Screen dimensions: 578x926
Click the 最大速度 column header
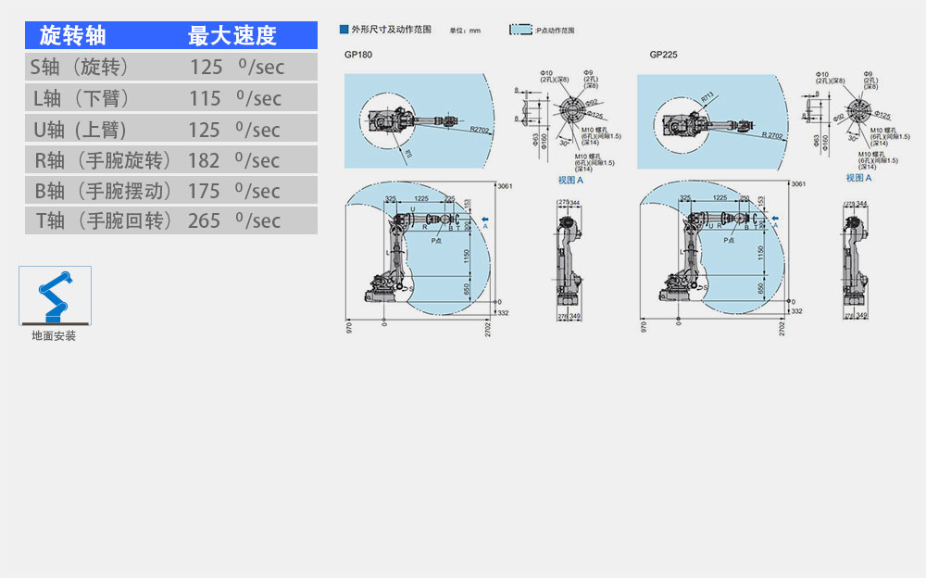(x=231, y=36)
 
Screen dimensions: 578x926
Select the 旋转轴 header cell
(x=73, y=36)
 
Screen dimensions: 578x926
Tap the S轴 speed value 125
(x=206, y=67)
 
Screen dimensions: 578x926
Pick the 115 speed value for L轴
(x=205, y=98)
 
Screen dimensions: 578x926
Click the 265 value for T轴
(x=205, y=220)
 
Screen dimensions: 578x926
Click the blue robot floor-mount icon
(x=55, y=295)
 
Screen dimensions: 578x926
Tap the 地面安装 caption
(x=54, y=336)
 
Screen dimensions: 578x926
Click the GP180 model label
(x=357, y=55)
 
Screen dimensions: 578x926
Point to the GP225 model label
(x=663, y=55)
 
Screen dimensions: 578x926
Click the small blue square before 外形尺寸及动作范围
(x=344, y=30)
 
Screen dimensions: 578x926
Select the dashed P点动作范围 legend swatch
(x=520, y=30)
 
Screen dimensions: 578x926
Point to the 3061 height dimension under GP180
(x=505, y=186)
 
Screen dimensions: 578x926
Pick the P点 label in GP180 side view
(x=440, y=240)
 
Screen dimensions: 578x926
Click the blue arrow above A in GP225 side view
(x=774, y=219)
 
